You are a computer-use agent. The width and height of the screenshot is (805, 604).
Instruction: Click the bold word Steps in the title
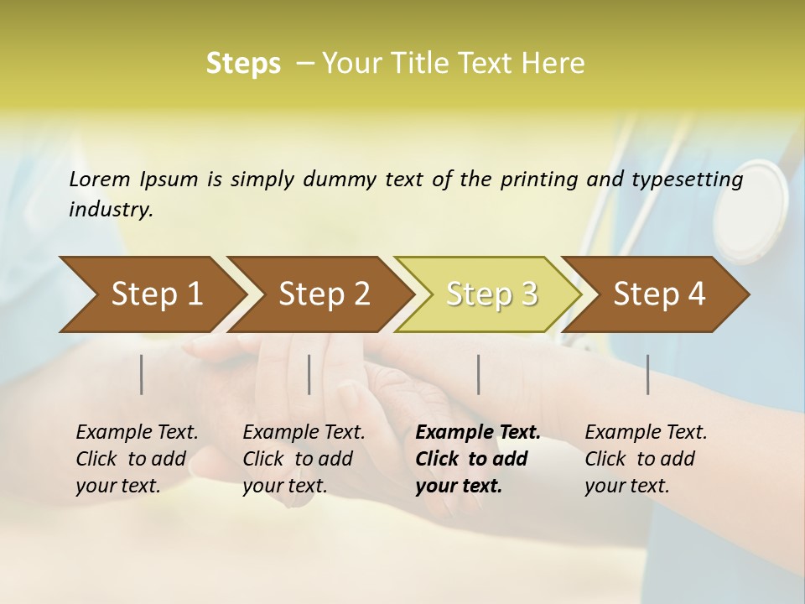[x=243, y=64]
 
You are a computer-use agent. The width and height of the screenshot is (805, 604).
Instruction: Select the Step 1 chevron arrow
[x=151, y=294]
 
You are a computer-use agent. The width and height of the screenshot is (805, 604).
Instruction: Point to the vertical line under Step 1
[x=142, y=374]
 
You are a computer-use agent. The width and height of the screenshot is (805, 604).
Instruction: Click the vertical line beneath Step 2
[x=309, y=374]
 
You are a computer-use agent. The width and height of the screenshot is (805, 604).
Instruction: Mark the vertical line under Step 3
[x=479, y=374]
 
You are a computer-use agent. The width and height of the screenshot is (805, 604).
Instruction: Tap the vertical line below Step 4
[x=648, y=374]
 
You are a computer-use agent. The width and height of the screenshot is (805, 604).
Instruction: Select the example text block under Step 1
[x=137, y=459]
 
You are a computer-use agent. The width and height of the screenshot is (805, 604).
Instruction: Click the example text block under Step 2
[x=304, y=459]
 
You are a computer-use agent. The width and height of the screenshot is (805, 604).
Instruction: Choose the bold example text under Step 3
[x=478, y=459]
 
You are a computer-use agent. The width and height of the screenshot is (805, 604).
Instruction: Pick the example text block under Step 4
[x=646, y=459]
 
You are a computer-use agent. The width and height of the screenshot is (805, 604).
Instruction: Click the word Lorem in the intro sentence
[x=100, y=180]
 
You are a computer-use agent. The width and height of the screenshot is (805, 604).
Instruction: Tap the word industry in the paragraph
[x=111, y=210]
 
